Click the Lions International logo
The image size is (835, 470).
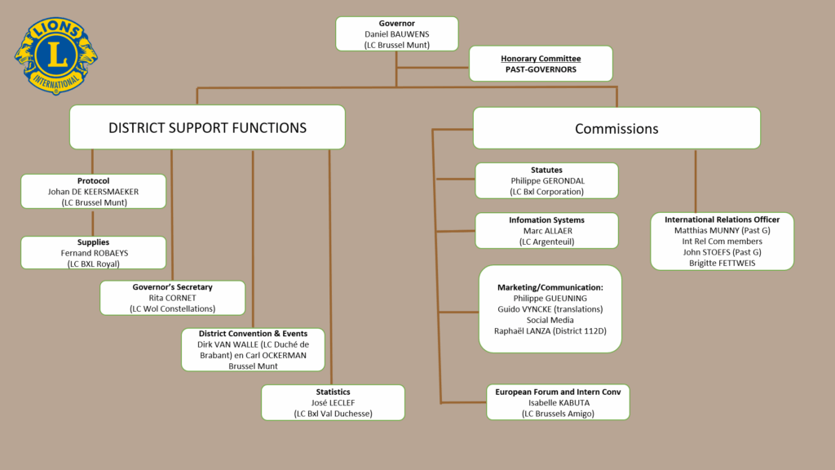pyautogui.click(x=56, y=54)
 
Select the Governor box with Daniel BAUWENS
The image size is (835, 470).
pyautogui.click(x=397, y=34)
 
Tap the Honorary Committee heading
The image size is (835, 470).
pyautogui.click(x=541, y=58)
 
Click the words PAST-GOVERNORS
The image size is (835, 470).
pyautogui.click(x=541, y=70)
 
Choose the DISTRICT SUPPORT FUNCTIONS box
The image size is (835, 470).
pyautogui.click(x=207, y=127)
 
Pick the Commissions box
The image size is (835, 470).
pyautogui.click(x=616, y=128)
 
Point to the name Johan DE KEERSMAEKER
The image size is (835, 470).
pyautogui.click(x=93, y=192)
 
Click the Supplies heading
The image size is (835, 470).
pyautogui.click(x=93, y=242)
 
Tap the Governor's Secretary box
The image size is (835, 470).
pyautogui.click(x=172, y=298)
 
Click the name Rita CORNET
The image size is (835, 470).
pyautogui.click(x=172, y=298)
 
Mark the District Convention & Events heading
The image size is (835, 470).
pyautogui.click(x=253, y=334)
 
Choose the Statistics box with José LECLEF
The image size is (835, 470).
pyautogui.click(x=333, y=402)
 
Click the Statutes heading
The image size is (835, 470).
pyautogui.click(x=546, y=170)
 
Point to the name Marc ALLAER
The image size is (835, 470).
pyautogui.click(x=546, y=231)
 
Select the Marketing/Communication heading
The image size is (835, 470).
pyautogui.click(x=550, y=288)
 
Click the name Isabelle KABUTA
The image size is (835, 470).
pyautogui.click(x=559, y=403)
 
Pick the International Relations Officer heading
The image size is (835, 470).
pyautogui.click(x=722, y=219)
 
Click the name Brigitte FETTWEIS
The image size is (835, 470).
pyautogui.click(x=722, y=263)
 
